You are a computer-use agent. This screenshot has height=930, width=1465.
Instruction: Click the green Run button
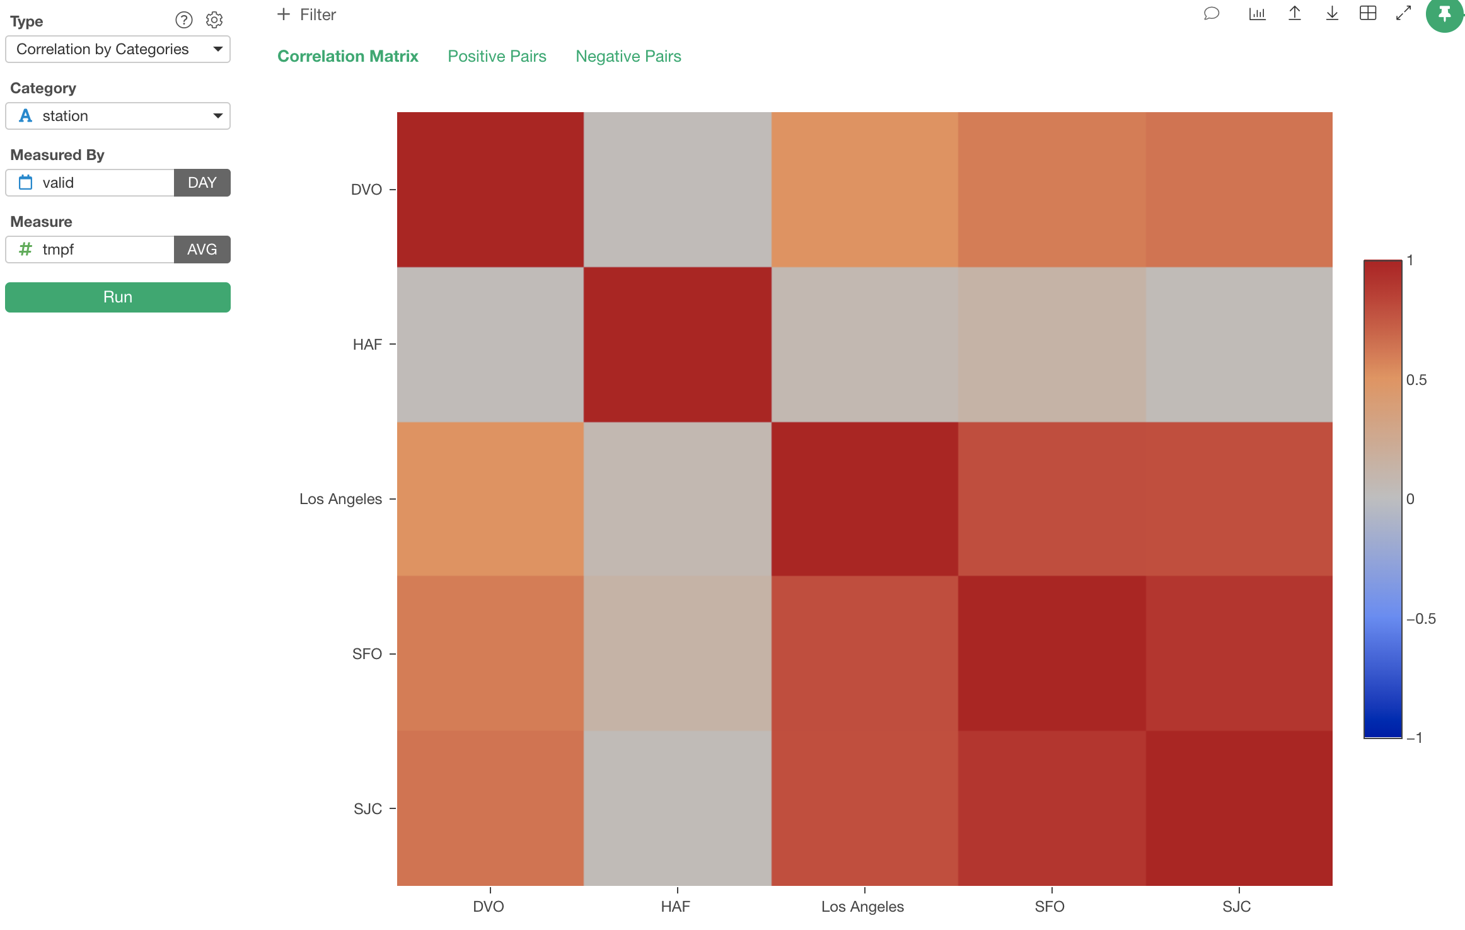coord(118,297)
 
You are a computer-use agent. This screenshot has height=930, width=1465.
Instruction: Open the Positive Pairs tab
coord(497,56)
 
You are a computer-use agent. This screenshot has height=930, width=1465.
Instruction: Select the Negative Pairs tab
coord(628,56)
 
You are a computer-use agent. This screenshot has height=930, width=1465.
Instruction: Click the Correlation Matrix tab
coord(348,56)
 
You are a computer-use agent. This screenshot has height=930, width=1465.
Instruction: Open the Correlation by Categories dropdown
coord(118,49)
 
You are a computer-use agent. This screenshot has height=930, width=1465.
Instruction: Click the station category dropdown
coord(118,116)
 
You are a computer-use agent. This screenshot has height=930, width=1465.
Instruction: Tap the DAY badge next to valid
coord(202,183)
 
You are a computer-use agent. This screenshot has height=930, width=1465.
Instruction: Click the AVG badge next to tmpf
coord(202,250)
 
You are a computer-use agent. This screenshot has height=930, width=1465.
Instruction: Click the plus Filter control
coord(306,14)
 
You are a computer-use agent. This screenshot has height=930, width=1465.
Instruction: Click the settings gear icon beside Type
coord(214,20)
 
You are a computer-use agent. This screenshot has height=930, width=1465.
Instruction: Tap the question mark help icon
coord(184,20)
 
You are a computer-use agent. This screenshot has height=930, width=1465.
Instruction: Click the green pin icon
coord(1445,14)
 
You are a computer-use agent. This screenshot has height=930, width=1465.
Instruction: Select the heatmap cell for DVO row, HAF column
coord(678,190)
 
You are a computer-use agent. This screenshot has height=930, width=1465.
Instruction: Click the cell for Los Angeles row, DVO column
coord(490,499)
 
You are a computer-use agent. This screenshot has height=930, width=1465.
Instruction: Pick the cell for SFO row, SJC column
coord(1239,653)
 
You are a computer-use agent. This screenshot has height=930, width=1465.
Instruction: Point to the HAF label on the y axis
coord(368,345)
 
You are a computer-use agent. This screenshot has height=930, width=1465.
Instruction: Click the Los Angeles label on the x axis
coord(862,907)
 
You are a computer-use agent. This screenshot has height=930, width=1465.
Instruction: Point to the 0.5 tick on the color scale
coord(1416,380)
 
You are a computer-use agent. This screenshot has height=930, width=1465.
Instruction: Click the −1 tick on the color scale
coord(1415,738)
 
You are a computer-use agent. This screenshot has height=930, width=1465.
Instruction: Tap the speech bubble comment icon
coord(1212,13)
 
